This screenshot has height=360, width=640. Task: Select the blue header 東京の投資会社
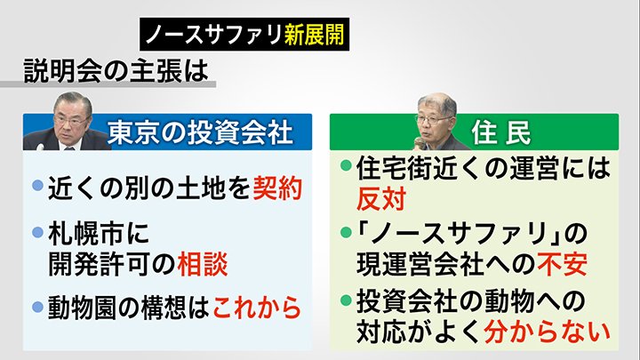click(x=199, y=132)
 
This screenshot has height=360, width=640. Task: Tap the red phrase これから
click(x=258, y=308)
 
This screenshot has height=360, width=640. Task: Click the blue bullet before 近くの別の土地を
click(x=36, y=188)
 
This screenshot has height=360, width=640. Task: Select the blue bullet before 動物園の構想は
click(x=36, y=308)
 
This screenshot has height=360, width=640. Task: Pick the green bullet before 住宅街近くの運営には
click(x=346, y=165)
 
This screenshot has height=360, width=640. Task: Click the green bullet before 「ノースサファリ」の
click(x=346, y=233)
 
